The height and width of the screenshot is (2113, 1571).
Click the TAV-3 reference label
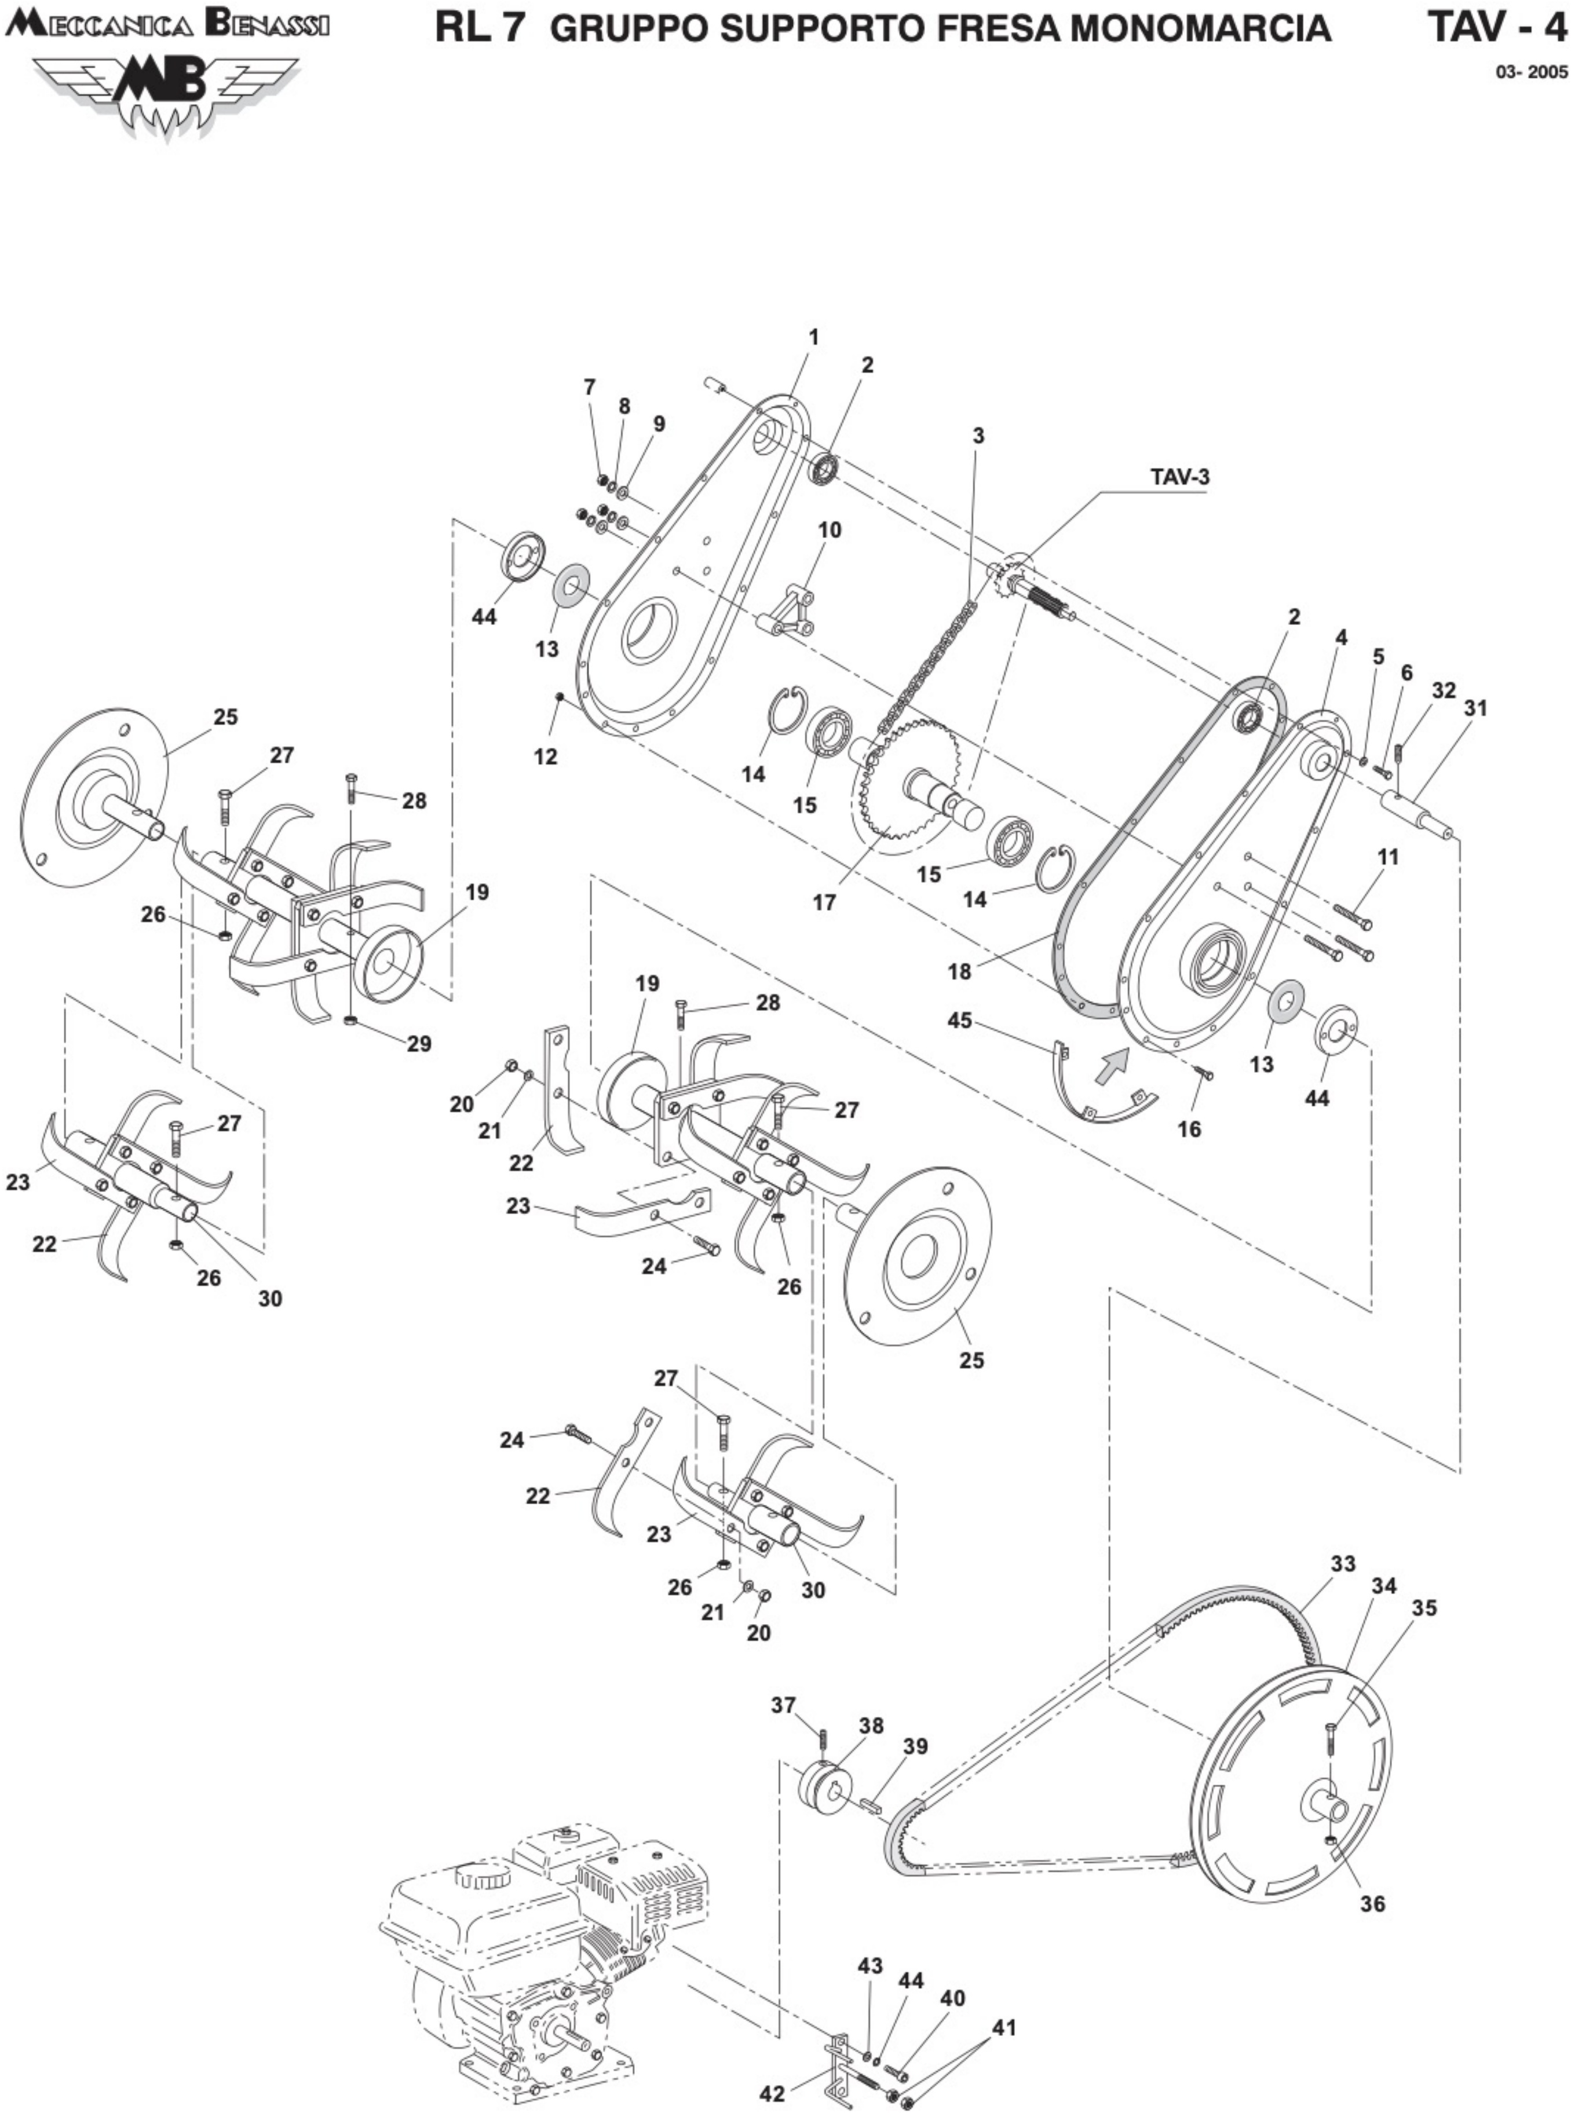(x=1180, y=477)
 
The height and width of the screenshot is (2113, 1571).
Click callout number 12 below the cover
(x=546, y=757)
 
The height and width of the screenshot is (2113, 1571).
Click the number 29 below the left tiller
(x=419, y=1043)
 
